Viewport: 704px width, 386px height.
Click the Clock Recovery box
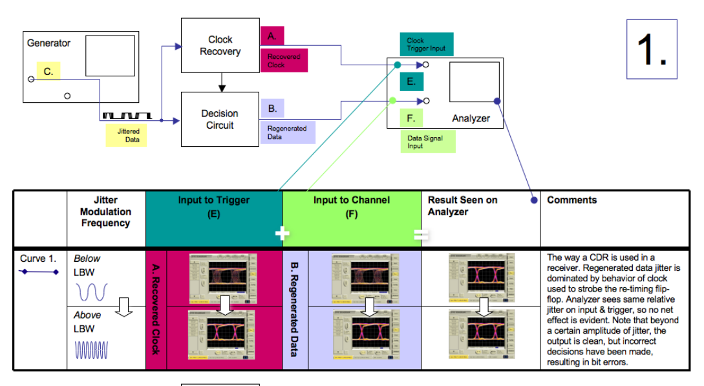click(x=220, y=45)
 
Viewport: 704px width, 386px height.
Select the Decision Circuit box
click(x=220, y=119)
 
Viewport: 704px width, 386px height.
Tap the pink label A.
click(x=272, y=36)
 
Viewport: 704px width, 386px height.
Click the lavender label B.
click(x=272, y=109)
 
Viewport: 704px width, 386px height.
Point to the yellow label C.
click(x=48, y=71)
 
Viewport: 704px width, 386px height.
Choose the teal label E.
click(x=411, y=81)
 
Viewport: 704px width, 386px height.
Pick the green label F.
click(x=411, y=118)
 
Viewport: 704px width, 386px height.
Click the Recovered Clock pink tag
click(x=284, y=61)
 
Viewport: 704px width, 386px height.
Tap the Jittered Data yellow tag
click(x=128, y=135)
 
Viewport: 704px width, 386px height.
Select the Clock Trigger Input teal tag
click(x=426, y=44)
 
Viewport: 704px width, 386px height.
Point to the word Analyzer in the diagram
click(x=471, y=118)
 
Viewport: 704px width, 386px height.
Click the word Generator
click(x=49, y=43)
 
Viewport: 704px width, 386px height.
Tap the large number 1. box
click(x=652, y=49)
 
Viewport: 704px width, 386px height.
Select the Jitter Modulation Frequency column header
click(x=105, y=211)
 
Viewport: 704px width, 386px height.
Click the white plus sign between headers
click(x=283, y=233)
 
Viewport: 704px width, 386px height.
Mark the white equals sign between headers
click(x=421, y=235)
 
